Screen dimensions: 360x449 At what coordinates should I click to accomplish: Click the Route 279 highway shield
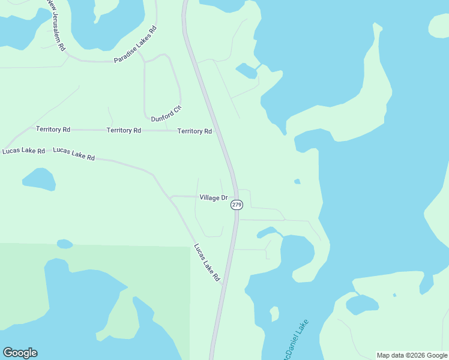(x=237, y=205)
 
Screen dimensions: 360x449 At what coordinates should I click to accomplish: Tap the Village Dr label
(x=214, y=197)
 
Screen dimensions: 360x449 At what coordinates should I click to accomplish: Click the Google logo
(x=20, y=353)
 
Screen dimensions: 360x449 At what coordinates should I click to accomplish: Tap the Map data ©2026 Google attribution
(x=412, y=355)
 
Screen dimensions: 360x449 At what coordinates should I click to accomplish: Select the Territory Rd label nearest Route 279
(x=194, y=131)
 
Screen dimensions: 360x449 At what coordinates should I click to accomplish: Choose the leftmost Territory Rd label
(x=53, y=129)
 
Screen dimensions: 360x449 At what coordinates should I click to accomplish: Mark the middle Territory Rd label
(x=124, y=130)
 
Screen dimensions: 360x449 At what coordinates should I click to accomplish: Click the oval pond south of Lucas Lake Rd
(x=39, y=179)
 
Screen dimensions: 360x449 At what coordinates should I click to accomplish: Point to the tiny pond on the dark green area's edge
(x=65, y=244)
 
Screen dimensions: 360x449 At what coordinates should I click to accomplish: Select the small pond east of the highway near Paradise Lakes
(x=247, y=71)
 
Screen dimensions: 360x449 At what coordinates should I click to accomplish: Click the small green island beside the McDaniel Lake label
(x=274, y=314)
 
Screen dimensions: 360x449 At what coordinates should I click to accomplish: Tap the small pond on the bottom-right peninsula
(x=362, y=305)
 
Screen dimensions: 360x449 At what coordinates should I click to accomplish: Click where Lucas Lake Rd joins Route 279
(x=223, y=287)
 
